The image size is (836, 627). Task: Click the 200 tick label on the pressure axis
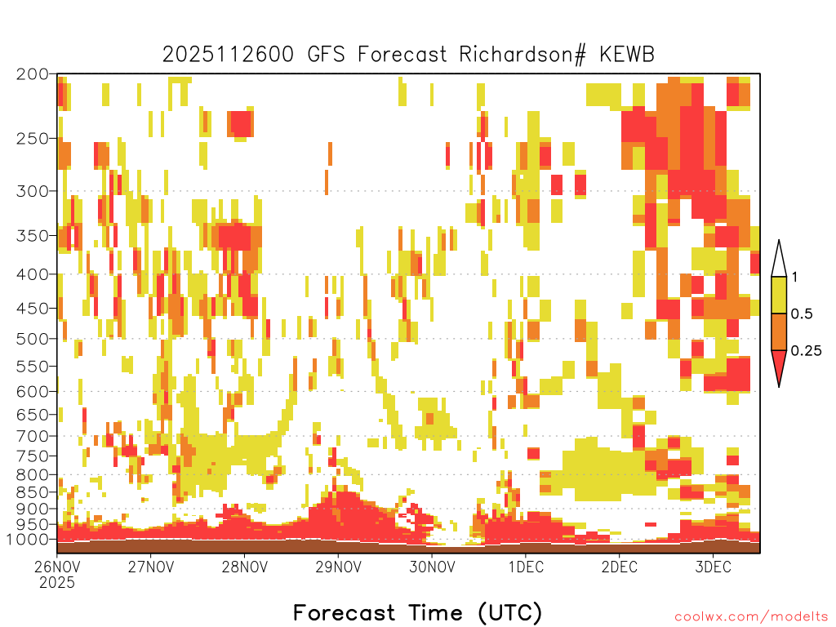click(x=32, y=74)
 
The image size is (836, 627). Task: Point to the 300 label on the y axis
click(x=32, y=191)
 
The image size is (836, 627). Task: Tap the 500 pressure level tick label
click(x=32, y=339)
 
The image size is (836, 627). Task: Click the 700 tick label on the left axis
click(x=32, y=436)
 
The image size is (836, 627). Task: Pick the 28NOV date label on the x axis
click(x=244, y=567)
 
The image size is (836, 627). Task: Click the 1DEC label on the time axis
click(x=526, y=567)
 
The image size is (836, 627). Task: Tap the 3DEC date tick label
click(x=713, y=567)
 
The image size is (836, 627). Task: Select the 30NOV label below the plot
click(x=432, y=567)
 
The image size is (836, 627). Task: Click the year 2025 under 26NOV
click(x=57, y=583)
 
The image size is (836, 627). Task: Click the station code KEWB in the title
click(x=627, y=55)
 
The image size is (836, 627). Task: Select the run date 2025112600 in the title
click(x=229, y=55)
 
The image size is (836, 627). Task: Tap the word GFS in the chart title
click(x=324, y=55)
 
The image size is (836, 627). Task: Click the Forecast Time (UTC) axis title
click(x=417, y=612)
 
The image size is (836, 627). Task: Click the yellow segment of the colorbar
click(x=779, y=296)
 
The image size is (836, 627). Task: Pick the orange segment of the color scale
click(x=779, y=332)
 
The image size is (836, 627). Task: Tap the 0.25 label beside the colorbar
click(x=806, y=351)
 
